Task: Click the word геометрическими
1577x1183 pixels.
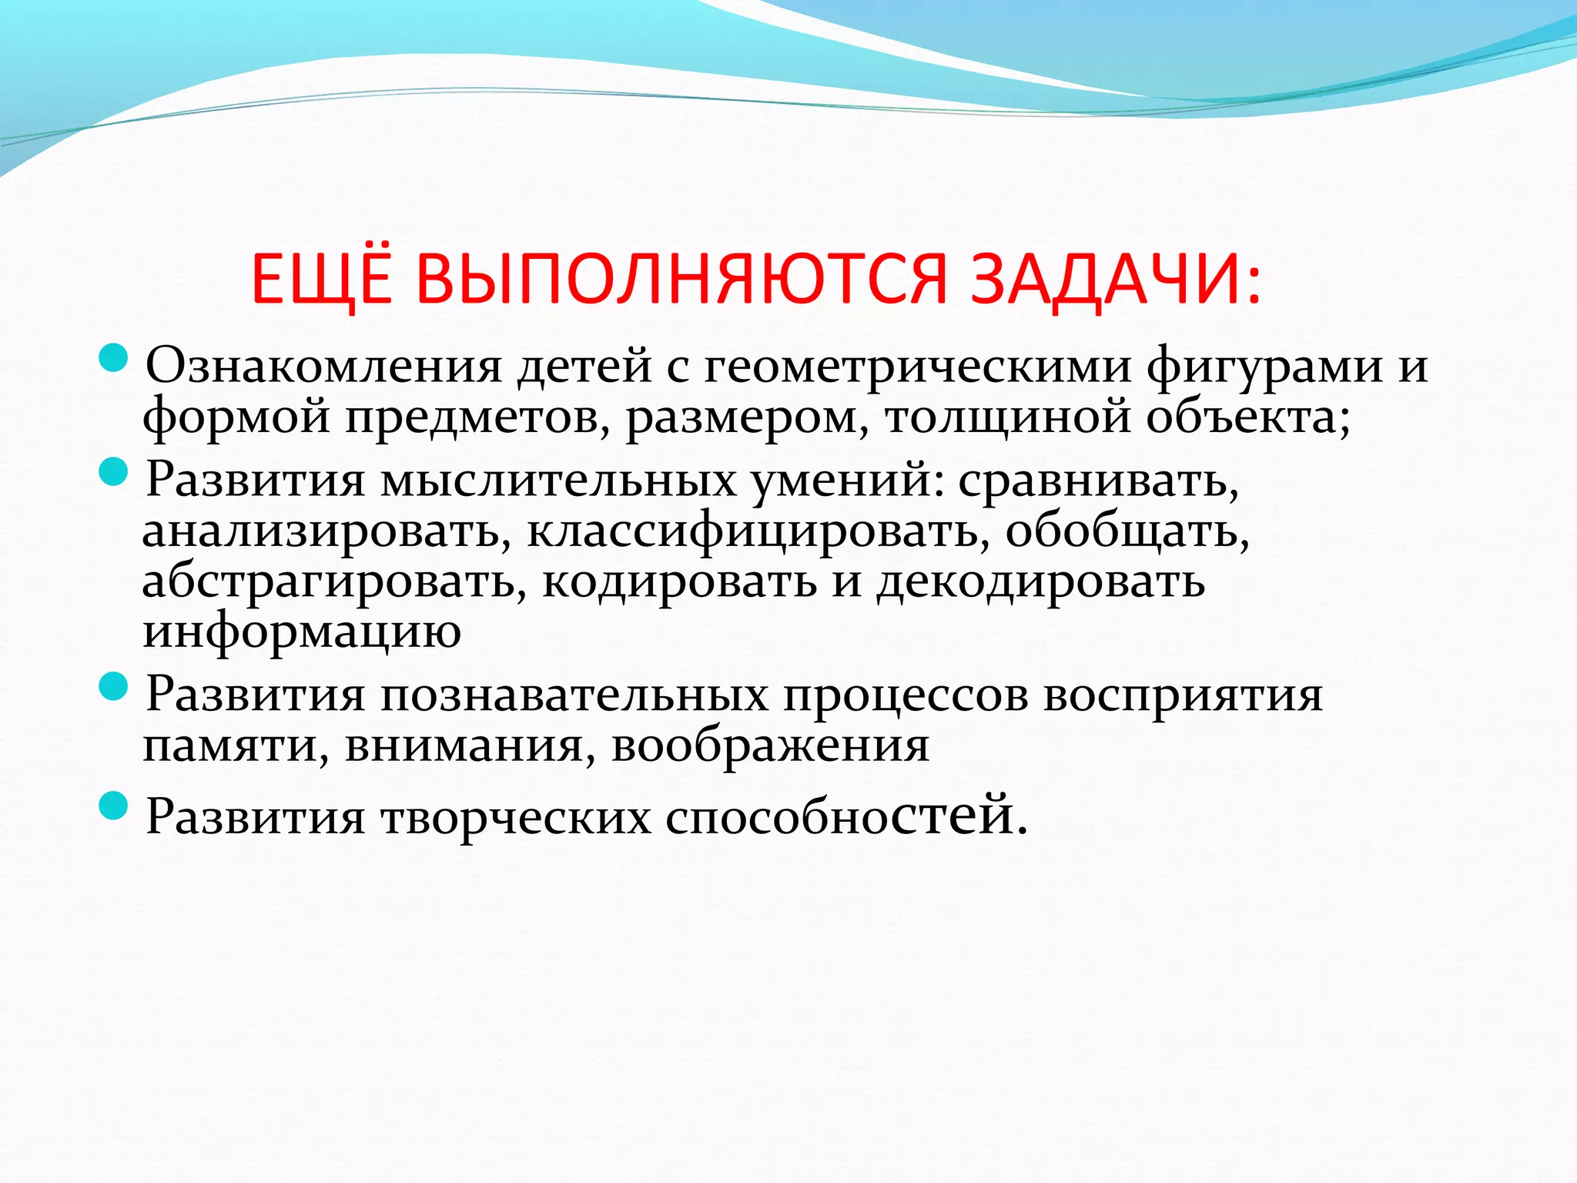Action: pos(917,367)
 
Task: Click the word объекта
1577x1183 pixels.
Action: pos(1247,417)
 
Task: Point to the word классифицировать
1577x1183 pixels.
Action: pos(758,531)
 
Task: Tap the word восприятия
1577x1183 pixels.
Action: pos(1183,695)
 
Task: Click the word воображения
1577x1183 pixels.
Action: pos(770,746)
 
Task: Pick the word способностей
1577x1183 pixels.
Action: pos(845,816)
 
